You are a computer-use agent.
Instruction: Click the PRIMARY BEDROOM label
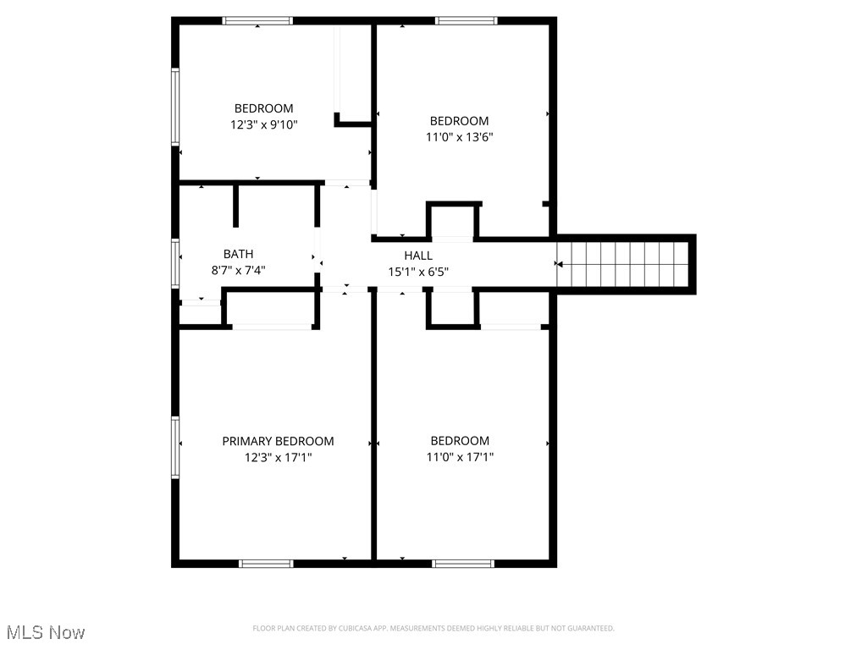[278, 441]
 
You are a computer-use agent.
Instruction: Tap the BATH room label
[238, 254]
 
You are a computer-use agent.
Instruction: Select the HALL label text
[418, 256]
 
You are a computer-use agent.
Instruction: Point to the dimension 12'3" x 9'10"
[264, 124]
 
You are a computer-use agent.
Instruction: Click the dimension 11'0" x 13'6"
[459, 137]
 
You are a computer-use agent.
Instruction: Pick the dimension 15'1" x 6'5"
[418, 272]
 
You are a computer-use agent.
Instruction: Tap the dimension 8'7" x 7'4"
[238, 270]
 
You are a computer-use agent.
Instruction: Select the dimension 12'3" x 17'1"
[278, 457]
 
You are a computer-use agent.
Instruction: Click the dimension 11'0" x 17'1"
[460, 457]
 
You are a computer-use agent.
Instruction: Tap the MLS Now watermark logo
[46, 632]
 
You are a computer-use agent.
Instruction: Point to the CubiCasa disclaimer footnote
[433, 628]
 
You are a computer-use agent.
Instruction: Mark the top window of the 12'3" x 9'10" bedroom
[257, 21]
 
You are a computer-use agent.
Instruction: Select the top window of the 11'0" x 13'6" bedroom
[467, 21]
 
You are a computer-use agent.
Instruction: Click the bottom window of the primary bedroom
[266, 563]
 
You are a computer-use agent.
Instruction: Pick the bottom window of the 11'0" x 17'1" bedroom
[462, 563]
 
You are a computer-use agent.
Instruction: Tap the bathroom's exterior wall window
[175, 263]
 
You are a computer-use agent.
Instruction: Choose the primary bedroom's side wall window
[175, 446]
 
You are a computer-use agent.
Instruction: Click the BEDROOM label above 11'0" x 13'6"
[459, 121]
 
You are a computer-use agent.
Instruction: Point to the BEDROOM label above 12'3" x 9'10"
[264, 108]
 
